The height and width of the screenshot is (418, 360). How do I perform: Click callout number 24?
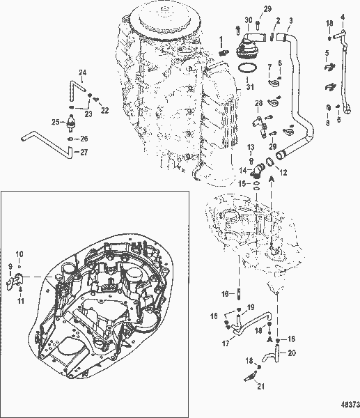tap(81, 72)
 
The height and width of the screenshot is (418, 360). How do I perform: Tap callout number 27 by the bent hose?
tap(85, 151)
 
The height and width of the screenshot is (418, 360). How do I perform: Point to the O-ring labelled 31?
tap(244, 68)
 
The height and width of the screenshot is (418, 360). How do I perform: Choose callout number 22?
tap(105, 109)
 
